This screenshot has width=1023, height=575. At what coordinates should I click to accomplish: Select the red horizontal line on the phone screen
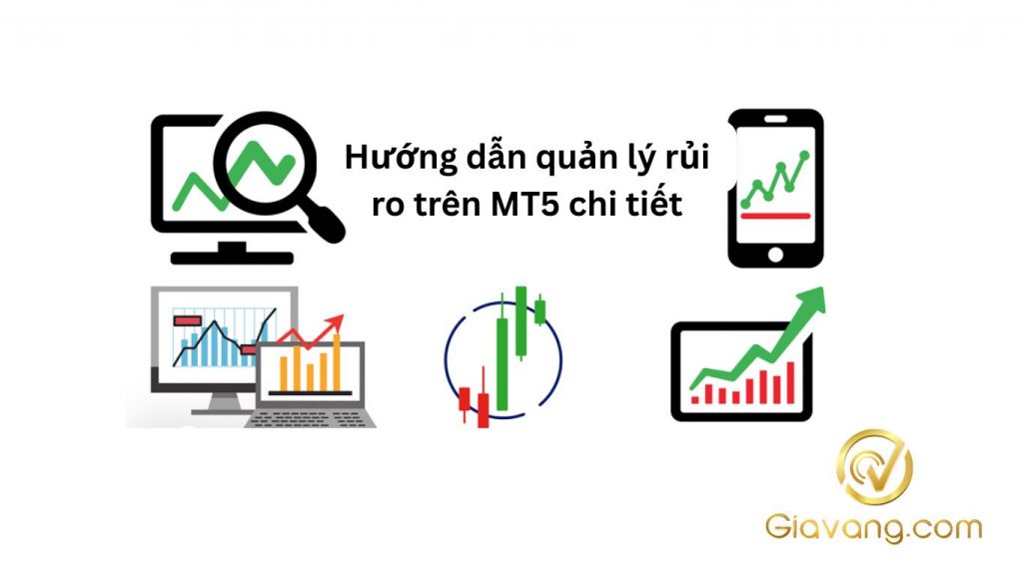[x=774, y=215]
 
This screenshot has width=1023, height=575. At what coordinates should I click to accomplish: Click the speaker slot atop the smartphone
[x=774, y=120]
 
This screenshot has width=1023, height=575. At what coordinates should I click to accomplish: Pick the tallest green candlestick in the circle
[x=502, y=359]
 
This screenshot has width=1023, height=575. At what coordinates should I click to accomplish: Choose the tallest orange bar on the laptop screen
[x=337, y=364]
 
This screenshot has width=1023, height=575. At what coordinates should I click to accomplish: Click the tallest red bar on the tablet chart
[x=790, y=381]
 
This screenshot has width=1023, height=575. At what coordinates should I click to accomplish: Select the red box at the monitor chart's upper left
[x=186, y=321]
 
